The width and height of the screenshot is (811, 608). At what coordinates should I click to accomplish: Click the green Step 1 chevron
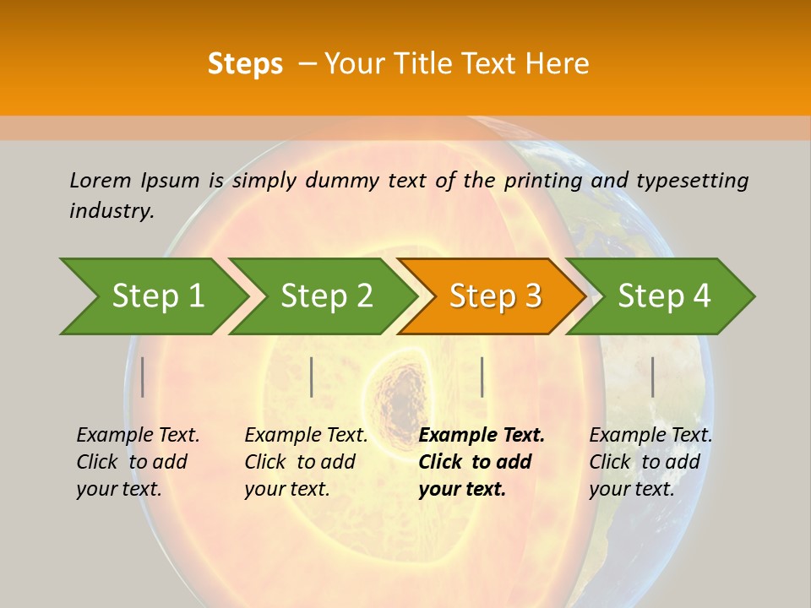pos(157,296)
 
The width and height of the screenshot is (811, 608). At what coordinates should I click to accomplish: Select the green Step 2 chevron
pos(326,296)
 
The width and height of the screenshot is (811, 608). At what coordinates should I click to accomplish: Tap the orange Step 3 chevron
pos(495,296)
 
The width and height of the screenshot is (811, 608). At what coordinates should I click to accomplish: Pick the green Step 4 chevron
pos(664,296)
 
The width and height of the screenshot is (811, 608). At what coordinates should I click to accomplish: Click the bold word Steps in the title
pos(245,63)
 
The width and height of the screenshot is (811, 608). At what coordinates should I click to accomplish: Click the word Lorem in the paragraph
pos(101,180)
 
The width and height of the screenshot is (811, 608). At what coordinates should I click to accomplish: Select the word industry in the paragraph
pos(111,211)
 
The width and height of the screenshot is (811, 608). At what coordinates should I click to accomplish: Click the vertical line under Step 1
pos(143,377)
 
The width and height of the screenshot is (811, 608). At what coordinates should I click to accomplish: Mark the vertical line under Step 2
pos(312,377)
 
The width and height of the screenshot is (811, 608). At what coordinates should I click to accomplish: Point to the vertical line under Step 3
pos(482,377)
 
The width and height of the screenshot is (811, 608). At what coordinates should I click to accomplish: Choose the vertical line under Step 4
pos(652,377)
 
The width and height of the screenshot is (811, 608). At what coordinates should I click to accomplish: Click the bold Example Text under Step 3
pos(482,436)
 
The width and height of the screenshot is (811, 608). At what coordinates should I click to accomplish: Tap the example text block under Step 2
pos(305,462)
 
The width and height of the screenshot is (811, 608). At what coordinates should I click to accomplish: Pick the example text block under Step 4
pos(650,462)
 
